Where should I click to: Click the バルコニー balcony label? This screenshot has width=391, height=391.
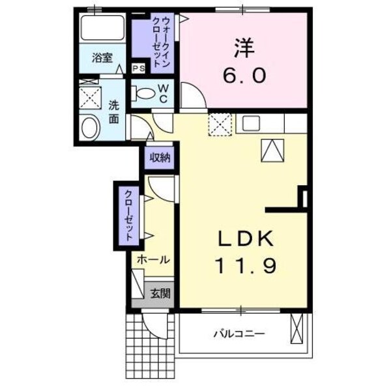click(238, 334)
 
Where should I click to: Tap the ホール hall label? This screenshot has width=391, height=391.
click(153, 259)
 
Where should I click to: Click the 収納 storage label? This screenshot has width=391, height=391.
click(160, 157)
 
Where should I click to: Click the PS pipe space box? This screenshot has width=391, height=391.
click(139, 68)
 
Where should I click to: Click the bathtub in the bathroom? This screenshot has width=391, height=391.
click(104, 29)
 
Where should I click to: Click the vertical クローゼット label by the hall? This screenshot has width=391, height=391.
click(129, 216)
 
